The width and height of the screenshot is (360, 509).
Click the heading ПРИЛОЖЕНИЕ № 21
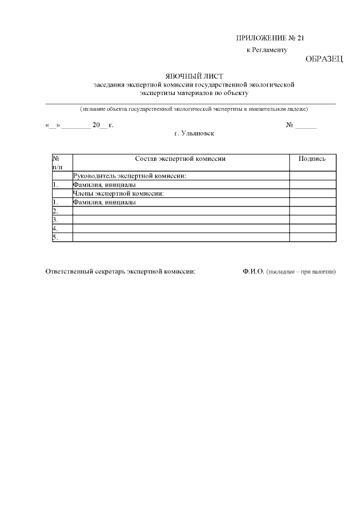[x=269, y=38]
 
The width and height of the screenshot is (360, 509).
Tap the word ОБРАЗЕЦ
[x=324, y=59]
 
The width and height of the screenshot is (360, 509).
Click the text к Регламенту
[x=267, y=50]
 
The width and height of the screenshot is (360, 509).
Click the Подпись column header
[x=312, y=159]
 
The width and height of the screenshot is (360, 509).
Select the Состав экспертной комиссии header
[x=181, y=159]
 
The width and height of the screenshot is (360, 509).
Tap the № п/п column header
[x=57, y=163]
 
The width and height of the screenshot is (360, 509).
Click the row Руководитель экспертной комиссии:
[x=130, y=176]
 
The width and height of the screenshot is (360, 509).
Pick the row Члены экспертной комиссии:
[x=119, y=193]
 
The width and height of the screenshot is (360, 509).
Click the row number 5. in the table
[x=55, y=237]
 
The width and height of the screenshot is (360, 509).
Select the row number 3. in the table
[x=55, y=220]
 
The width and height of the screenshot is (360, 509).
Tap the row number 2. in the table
[x=55, y=211]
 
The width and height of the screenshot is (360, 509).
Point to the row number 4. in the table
[x=55, y=229]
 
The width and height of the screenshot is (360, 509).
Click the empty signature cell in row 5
[x=312, y=237]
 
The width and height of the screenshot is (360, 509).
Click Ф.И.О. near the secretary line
[x=253, y=272]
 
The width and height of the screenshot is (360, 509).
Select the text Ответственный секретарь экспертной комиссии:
[x=120, y=272]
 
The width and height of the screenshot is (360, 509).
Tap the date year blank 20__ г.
[x=103, y=125]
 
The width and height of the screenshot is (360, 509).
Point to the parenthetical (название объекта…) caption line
[x=193, y=109]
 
